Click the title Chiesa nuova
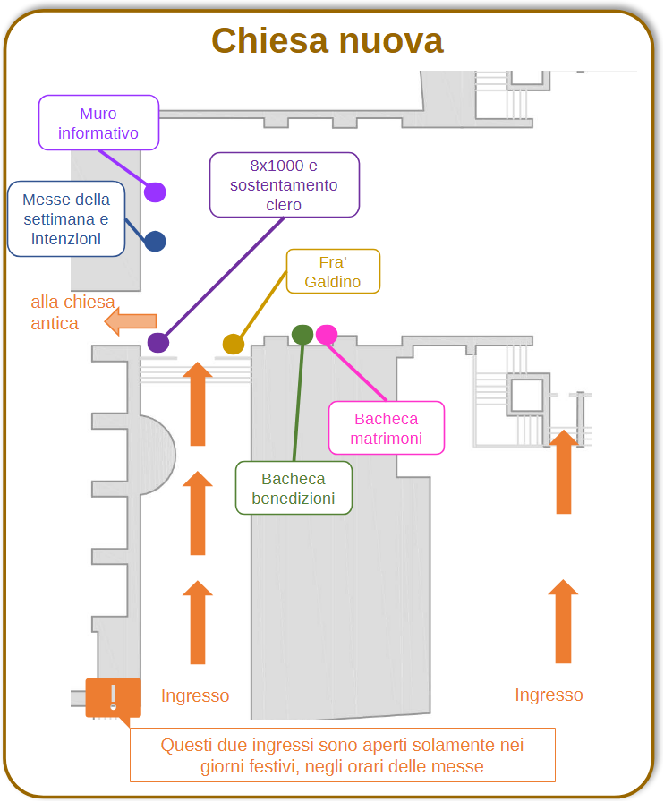(x=328, y=41)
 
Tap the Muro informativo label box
(x=98, y=123)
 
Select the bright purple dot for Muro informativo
(x=155, y=192)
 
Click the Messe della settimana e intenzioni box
(x=66, y=219)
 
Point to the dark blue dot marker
(x=155, y=242)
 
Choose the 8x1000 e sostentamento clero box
(x=285, y=184)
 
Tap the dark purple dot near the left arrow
(x=158, y=343)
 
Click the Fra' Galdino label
(x=333, y=271)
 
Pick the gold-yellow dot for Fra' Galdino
(x=234, y=345)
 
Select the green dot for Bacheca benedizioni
(x=302, y=335)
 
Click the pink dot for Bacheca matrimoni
(x=327, y=335)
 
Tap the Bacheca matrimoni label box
(x=387, y=428)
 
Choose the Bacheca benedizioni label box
(x=294, y=488)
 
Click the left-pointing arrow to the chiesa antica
(x=131, y=321)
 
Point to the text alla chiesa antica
(x=72, y=312)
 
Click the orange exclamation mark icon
(x=113, y=698)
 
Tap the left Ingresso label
(x=195, y=695)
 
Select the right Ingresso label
(x=549, y=695)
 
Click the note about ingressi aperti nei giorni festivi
(x=342, y=755)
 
